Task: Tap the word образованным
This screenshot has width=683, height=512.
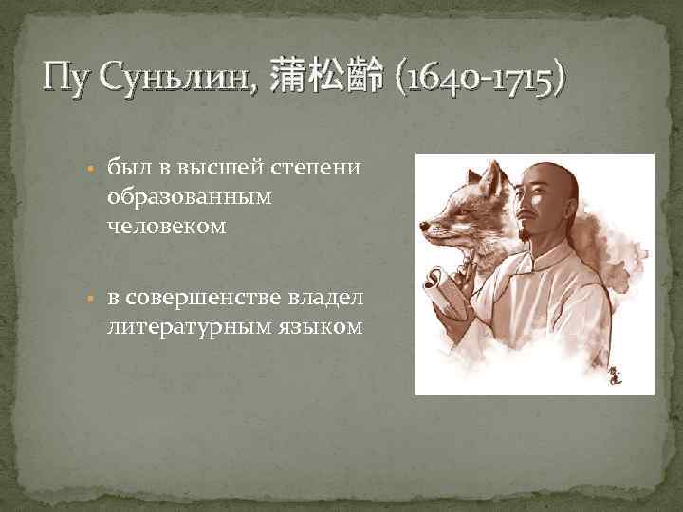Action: click(x=189, y=197)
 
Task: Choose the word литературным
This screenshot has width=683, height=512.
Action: click(x=187, y=327)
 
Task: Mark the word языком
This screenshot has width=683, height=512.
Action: click(x=317, y=327)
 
